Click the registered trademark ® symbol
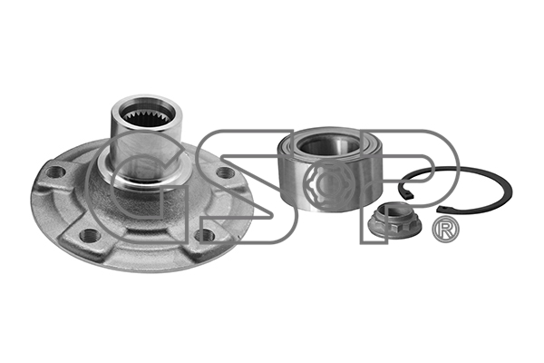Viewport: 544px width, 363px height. [x=446, y=231]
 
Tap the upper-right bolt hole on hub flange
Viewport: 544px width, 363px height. [x=226, y=172]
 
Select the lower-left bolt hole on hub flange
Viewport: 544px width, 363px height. [x=90, y=235]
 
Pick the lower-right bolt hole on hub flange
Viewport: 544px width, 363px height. [x=206, y=235]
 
